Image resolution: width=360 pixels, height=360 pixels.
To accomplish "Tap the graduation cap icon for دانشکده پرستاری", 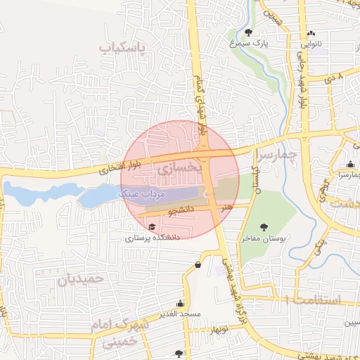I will tap(152, 226).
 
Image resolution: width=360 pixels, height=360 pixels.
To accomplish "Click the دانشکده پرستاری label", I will tap(153, 238).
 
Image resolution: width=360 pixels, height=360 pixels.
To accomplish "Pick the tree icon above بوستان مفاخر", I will tap(264, 227).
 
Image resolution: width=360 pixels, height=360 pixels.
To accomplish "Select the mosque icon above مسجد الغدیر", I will tap(181, 302).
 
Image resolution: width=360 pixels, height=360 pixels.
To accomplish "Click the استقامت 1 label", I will tap(309, 300).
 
